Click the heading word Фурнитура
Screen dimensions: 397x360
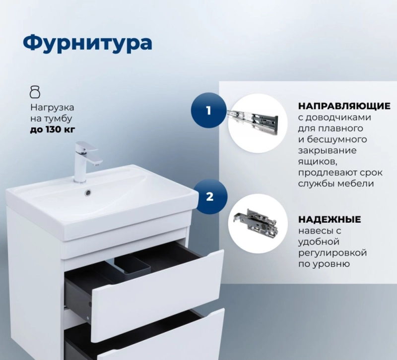88,43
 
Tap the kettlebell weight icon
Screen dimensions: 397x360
35,92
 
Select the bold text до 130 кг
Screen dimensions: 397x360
53,129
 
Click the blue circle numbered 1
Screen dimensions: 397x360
208,111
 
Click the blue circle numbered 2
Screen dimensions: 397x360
210,196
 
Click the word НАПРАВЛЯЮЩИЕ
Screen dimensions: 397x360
344,106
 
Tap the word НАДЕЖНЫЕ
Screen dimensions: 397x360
330,219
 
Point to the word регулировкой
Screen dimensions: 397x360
332,253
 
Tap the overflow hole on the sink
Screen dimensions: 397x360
88,192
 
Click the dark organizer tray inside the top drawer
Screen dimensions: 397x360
132,267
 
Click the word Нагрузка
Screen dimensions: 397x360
52,108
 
